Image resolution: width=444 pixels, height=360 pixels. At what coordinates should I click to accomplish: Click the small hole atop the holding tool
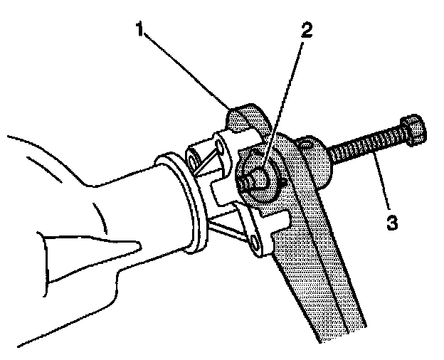point(306,144)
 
